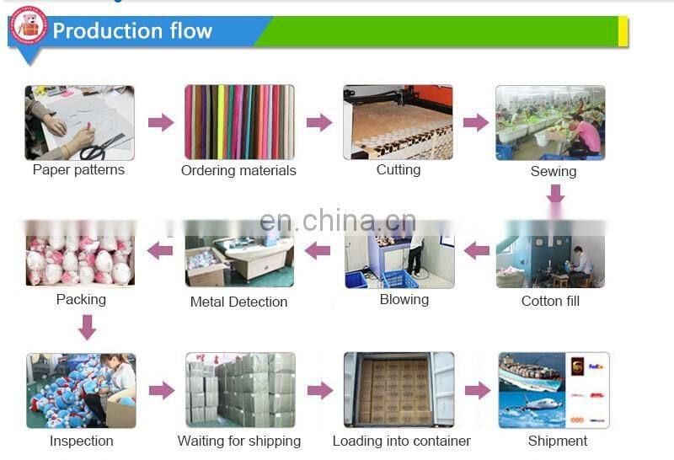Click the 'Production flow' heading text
132,31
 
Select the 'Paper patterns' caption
78,170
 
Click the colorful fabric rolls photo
239,122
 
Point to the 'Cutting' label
399,170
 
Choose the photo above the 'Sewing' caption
550,122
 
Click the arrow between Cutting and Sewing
476,122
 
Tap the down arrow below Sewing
554,195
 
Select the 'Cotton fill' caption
550,301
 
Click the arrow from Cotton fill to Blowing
477,250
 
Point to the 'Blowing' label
404,300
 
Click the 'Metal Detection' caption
239,302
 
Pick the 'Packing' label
81,300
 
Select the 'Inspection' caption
81,441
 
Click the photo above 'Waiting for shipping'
240,390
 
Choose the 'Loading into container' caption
402,441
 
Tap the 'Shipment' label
558,441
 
